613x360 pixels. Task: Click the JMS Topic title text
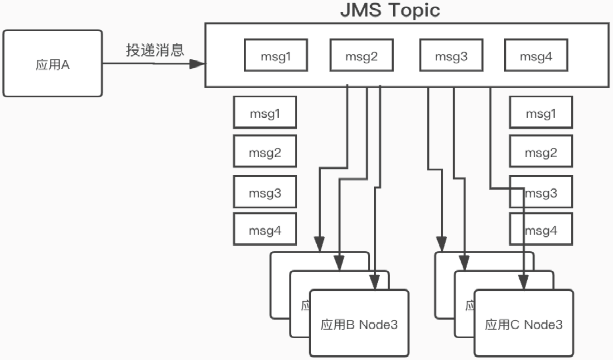(x=390, y=10)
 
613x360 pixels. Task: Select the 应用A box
(x=53, y=63)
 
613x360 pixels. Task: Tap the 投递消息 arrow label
(x=155, y=50)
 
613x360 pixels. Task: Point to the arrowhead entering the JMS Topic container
(x=197, y=64)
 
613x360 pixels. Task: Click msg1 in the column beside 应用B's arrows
(x=265, y=112)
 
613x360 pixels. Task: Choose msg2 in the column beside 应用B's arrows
(x=265, y=151)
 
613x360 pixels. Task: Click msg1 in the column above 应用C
(x=541, y=112)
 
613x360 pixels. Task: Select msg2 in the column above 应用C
(x=541, y=151)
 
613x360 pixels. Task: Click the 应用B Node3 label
(x=359, y=324)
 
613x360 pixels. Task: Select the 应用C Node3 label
(x=524, y=324)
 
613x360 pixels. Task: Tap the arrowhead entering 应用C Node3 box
(x=524, y=283)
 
